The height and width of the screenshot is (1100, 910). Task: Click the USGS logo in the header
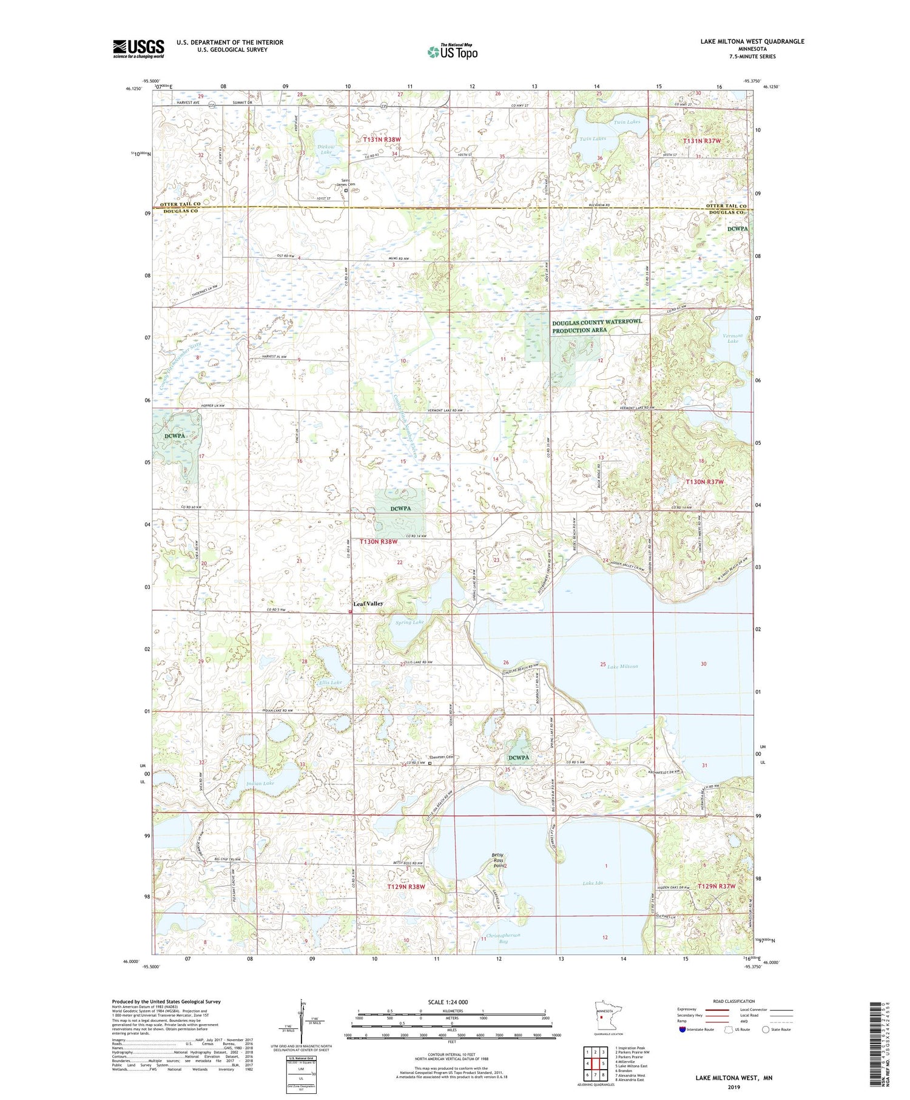(138, 49)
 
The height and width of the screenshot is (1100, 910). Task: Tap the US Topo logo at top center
(452, 52)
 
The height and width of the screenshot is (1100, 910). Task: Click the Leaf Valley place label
(368, 604)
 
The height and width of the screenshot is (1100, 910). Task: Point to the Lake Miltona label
(622, 666)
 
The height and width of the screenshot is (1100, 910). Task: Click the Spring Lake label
(409, 622)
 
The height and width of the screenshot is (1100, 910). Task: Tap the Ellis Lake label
(331, 683)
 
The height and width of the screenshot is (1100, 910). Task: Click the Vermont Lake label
(733, 338)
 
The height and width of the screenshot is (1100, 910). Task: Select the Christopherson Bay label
(503, 938)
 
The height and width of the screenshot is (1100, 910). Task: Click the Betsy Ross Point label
(497, 860)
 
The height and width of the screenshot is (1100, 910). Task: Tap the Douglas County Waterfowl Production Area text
(596, 326)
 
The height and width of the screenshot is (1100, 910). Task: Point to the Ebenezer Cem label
(441, 757)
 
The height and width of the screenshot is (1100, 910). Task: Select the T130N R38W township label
(379, 541)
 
